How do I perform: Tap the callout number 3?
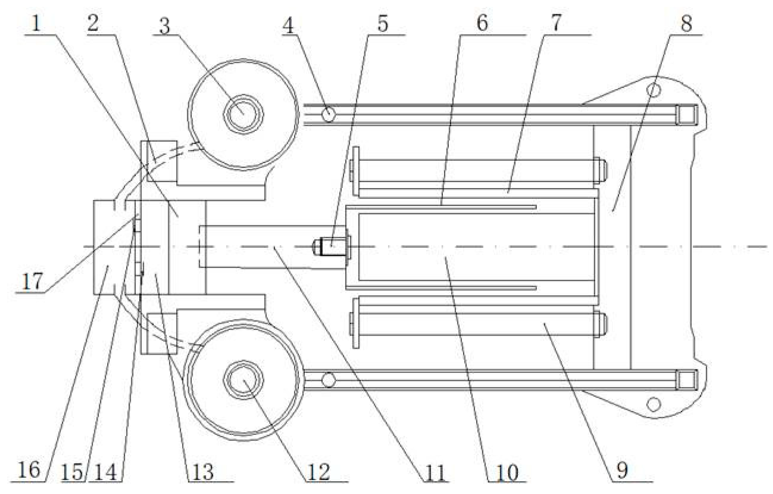click(x=164, y=27)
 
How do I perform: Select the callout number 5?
click(x=383, y=24)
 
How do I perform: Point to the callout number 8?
click(x=686, y=24)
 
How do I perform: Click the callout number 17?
click(x=32, y=282)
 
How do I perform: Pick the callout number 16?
click(x=29, y=471)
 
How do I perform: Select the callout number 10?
click(x=507, y=472)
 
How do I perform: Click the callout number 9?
click(x=622, y=471)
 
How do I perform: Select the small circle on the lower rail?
click(x=328, y=380)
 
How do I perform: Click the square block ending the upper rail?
click(x=686, y=115)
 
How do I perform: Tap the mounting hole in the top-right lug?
click(x=654, y=90)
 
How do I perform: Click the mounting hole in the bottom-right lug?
click(x=654, y=404)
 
